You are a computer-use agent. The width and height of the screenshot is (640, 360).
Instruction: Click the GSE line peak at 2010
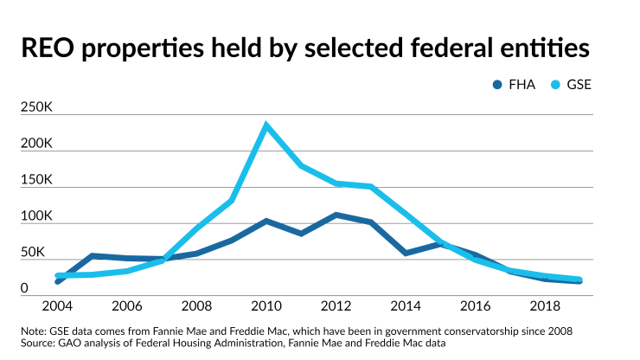[266, 125]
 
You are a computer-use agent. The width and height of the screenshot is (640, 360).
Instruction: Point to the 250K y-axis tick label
[37, 107]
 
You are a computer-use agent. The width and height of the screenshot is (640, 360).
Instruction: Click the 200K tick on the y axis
[37, 144]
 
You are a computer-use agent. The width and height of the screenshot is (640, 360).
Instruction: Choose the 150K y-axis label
[37, 180]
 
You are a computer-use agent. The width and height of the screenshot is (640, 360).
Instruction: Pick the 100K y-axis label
[37, 216]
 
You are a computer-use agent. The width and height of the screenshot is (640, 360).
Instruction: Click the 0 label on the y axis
[26, 288]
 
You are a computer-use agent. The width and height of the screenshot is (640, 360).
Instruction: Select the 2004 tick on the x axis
[57, 307]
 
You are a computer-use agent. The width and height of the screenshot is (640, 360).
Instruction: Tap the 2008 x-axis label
[196, 307]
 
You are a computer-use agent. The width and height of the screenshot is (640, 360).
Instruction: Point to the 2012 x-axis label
[336, 307]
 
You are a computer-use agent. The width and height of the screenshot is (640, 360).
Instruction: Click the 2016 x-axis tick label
[476, 307]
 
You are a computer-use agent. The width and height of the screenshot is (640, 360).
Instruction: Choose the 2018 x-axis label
[546, 307]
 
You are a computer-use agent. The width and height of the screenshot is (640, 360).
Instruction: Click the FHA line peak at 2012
[336, 215]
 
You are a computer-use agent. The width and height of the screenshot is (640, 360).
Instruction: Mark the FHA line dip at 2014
[406, 253]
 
